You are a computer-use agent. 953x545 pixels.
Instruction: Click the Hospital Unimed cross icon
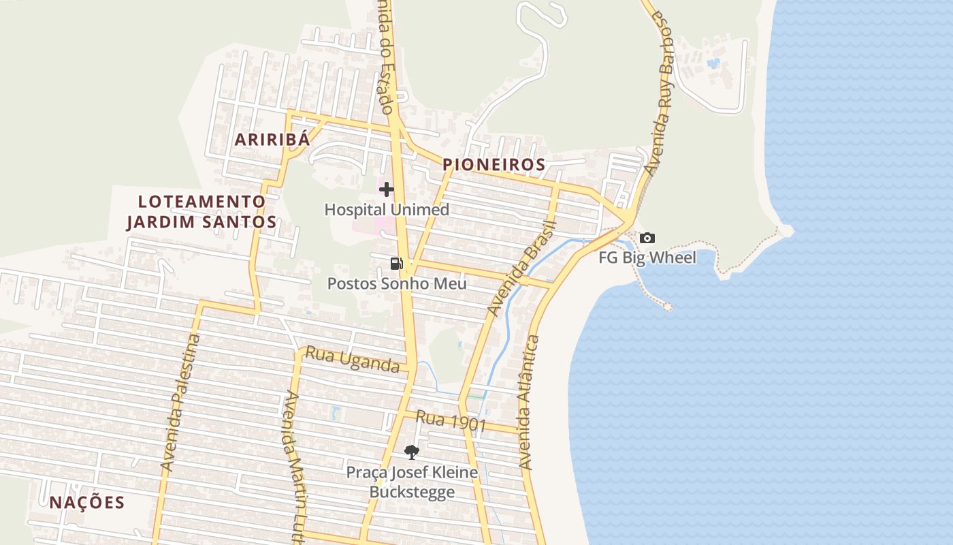pos(387,189)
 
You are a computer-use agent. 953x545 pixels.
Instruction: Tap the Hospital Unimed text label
pos(387,210)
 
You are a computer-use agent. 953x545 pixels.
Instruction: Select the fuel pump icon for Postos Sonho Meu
pos(396,263)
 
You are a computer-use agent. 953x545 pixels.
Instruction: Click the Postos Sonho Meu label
pos(397,283)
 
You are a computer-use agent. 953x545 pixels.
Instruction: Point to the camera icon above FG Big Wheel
pos(647,238)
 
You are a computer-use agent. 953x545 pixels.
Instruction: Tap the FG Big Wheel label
pos(647,258)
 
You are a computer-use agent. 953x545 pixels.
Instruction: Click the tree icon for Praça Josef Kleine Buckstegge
pos(411,451)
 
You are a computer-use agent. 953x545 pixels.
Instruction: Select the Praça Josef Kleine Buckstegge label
pos(412,482)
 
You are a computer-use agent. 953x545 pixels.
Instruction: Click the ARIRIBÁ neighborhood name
pos(272,140)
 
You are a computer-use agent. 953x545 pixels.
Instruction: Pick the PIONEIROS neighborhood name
pos(494,165)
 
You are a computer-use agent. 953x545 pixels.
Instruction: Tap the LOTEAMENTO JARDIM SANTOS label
pos(201,212)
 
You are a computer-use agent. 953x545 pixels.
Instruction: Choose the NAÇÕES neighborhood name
pos(87,503)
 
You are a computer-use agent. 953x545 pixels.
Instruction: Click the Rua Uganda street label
pos(352,360)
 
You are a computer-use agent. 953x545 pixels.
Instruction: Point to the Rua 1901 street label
pos(451,421)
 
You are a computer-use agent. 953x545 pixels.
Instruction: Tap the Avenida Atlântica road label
pos(530,402)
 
